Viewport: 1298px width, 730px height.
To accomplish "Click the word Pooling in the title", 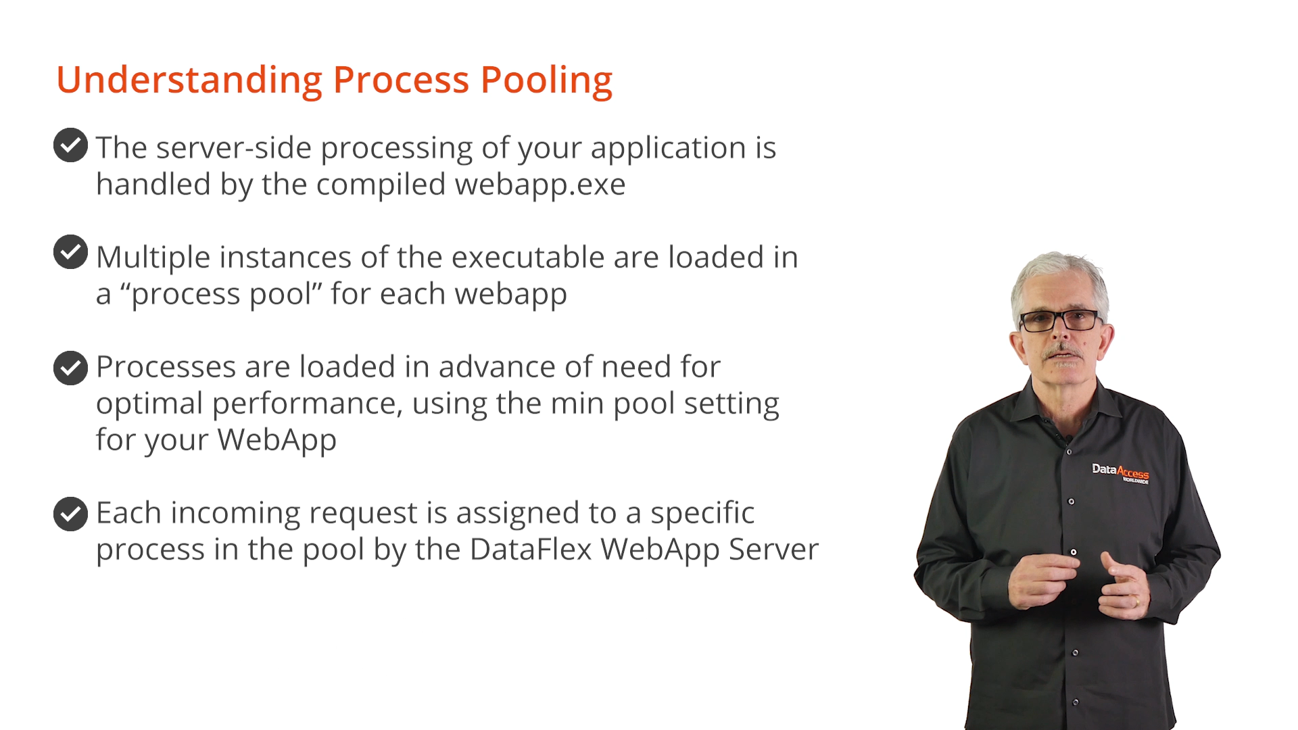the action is [x=546, y=81].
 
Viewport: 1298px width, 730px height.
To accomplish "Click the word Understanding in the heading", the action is [x=189, y=80].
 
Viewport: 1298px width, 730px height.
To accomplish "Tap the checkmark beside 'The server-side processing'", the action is [x=70, y=145].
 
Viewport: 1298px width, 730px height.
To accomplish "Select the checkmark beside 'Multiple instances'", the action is [x=70, y=252].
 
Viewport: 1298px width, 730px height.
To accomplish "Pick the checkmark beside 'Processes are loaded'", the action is [x=70, y=368].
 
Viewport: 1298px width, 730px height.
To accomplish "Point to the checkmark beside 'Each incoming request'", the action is [x=70, y=514].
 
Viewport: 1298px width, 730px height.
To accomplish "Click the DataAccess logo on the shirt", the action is [x=1120, y=472].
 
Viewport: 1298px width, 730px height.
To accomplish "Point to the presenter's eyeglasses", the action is [x=1059, y=320].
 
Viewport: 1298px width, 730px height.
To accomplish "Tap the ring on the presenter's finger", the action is [x=1136, y=601].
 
